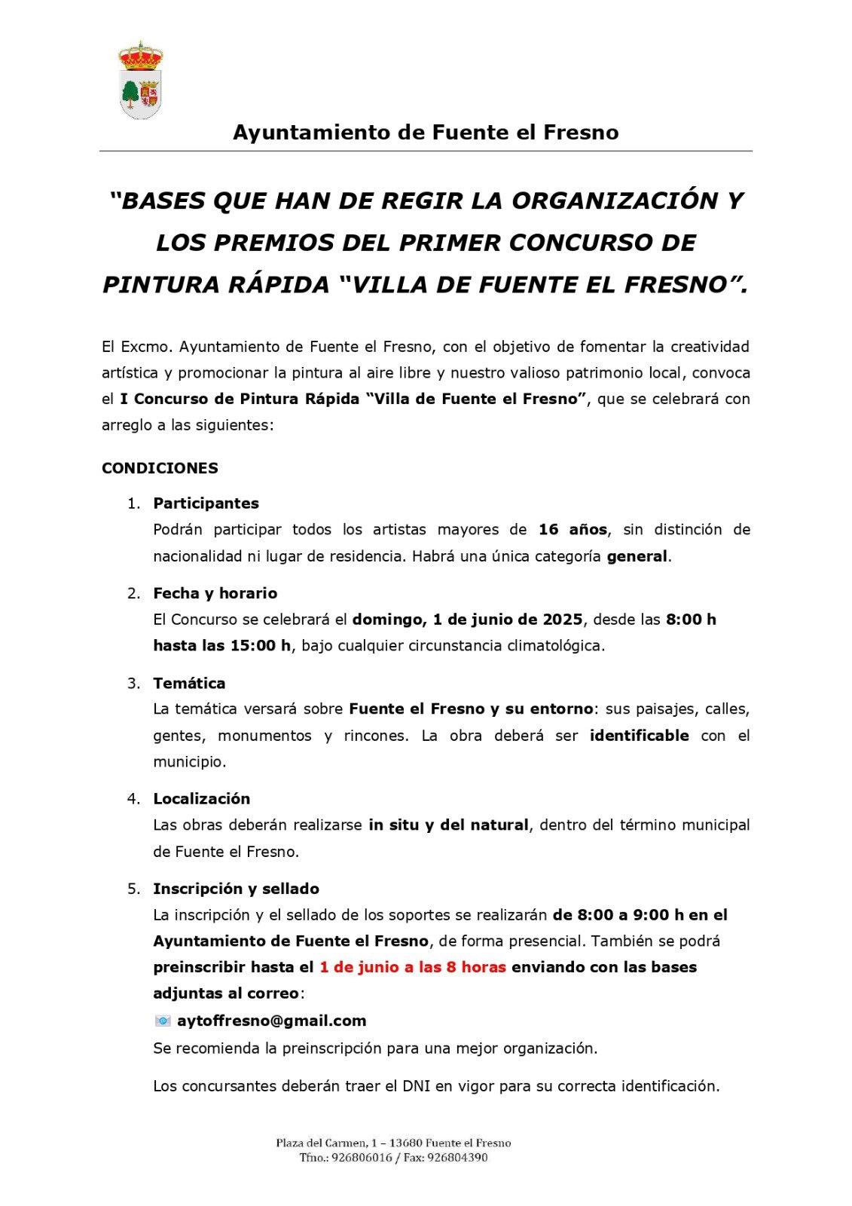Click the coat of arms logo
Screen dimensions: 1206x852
tap(141, 81)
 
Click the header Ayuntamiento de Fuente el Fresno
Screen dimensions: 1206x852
tap(426, 133)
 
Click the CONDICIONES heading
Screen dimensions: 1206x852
tap(160, 468)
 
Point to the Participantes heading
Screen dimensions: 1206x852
tap(206, 504)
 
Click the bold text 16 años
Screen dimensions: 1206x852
tap(573, 530)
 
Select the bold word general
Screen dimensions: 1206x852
tap(637, 556)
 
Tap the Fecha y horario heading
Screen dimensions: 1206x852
tap(215, 593)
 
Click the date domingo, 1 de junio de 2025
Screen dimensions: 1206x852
tap(467, 620)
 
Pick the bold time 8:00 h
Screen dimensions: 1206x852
tap(691, 620)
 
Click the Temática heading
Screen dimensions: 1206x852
tap(189, 684)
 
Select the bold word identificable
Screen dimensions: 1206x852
tap(639, 736)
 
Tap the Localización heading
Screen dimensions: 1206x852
tap(201, 799)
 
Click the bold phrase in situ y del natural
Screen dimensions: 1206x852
tap(448, 825)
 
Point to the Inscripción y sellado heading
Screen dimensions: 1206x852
tap(236, 889)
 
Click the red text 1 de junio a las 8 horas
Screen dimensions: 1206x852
tap(412, 967)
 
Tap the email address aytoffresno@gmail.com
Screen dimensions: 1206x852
tap(271, 1021)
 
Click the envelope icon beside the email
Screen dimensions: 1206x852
tap(163, 1021)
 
